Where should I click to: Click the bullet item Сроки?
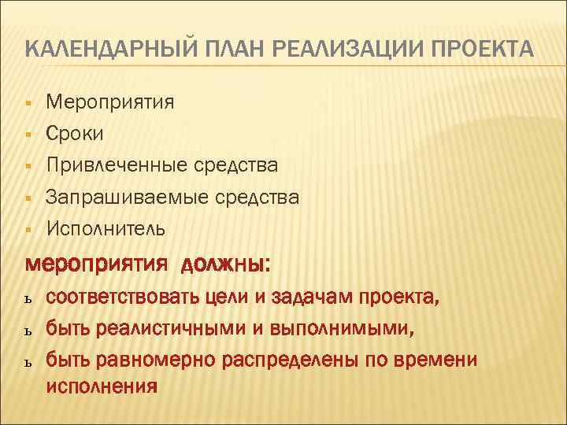(74, 134)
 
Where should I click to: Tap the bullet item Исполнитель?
(106, 229)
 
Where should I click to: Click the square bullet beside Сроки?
(28, 135)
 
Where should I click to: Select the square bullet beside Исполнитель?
(28, 230)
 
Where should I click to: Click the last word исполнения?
(102, 386)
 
